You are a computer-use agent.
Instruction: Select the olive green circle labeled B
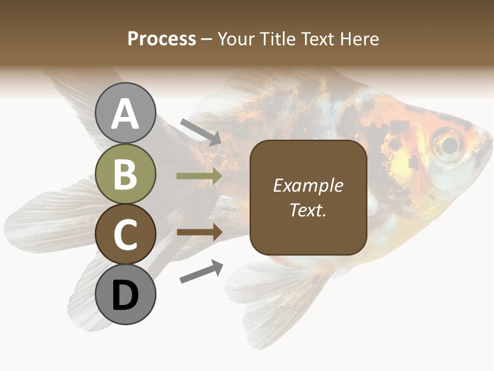tap(126, 174)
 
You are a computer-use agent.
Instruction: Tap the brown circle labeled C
tap(126, 234)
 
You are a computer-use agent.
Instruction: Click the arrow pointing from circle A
tap(201, 132)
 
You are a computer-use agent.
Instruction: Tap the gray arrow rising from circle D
tap(201, 272)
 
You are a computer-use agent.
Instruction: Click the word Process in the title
tap(162, 39)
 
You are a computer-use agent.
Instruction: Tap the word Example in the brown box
tap(308, 185)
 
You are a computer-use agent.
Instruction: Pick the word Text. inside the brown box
tap(308, 210)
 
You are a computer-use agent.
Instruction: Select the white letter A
tap(126, 114)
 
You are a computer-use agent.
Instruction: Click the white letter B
tap(126, 174)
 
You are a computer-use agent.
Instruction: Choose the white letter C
tap(126, 234)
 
